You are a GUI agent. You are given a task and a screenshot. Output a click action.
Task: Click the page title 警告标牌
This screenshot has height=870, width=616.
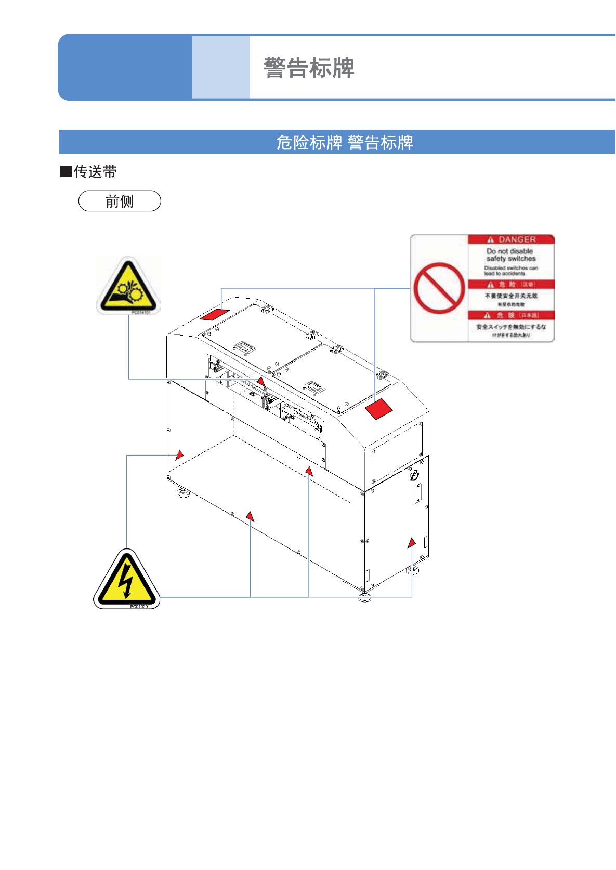tap(309, 68)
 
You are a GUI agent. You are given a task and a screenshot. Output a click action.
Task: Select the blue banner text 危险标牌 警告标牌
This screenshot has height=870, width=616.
tap(344, 142)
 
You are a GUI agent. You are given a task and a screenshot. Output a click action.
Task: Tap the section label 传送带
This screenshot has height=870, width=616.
tap(95, 171)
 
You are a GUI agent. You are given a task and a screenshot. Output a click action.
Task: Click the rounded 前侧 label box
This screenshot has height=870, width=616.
tap(120, 201)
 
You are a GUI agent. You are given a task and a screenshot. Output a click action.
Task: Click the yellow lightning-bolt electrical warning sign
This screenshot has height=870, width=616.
tap(126, 579)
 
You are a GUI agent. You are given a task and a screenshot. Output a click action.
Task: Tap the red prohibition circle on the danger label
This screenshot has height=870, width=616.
tap(439, 288)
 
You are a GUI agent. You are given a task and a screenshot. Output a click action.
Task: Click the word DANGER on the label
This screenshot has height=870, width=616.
tap(517, 239)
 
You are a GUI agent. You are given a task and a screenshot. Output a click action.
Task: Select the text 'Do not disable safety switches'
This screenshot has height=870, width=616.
tap(510, 255)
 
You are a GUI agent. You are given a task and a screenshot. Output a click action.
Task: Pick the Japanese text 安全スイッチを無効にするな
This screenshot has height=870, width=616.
tap(511, 327)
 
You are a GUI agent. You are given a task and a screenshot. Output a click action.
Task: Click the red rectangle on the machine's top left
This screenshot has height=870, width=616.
tap(214, 314)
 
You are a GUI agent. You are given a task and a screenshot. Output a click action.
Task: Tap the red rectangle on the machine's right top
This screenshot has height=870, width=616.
tap(378, 409)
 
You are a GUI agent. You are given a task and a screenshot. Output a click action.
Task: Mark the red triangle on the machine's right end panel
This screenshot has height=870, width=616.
tap(411, 543)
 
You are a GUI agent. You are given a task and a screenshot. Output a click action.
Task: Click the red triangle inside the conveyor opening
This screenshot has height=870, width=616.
tap(261, 382)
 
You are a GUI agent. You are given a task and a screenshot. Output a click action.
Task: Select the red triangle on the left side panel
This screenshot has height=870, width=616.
tap(179, 455)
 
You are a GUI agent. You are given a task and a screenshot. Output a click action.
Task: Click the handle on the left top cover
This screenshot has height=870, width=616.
tap(244, 347)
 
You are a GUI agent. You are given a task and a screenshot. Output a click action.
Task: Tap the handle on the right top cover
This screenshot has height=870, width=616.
tap(314, 387)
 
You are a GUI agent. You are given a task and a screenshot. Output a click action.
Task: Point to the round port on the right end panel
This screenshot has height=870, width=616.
tap(414, 475)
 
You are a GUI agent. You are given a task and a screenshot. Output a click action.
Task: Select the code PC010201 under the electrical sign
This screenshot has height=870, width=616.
tap(139, 606)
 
